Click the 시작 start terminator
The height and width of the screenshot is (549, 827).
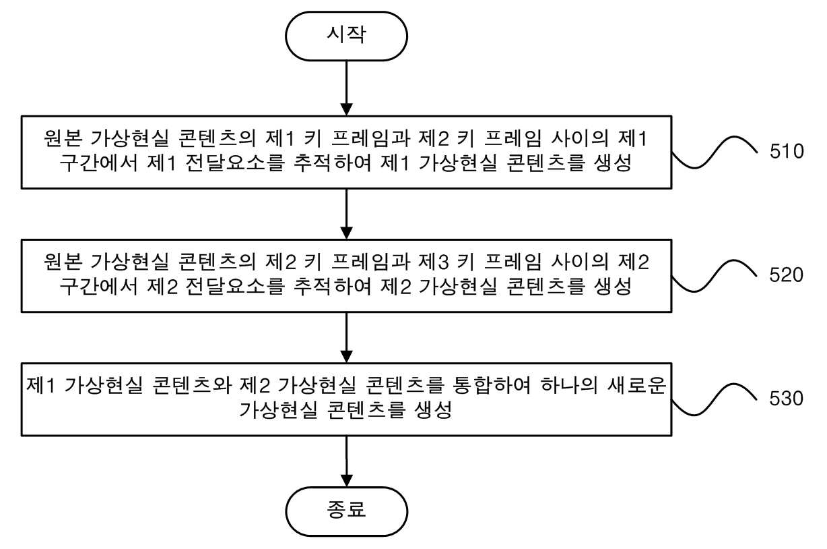(x=346, y=36)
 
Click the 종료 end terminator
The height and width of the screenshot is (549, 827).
(x=346, y=511)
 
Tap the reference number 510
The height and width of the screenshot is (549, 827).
(x=787, y=151)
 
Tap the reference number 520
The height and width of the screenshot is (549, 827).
(x=787, y=274)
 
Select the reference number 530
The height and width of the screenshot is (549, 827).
(x=787, y=398)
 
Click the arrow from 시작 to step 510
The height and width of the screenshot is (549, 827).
(x=346, y=88)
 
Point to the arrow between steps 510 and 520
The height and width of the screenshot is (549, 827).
(x=346, y=214)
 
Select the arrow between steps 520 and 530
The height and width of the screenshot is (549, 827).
(x=346, y=337)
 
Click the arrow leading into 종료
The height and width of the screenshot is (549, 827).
(x=346, y=461)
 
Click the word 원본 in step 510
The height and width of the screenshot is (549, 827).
(x=63, y=138)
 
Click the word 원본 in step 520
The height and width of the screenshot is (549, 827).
(x=63, y=262)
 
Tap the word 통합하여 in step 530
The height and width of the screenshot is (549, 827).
(x=492, y=385)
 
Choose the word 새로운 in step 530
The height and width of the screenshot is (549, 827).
(x=637, y=385)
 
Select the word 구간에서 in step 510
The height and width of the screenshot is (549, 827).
(x=98, y=163)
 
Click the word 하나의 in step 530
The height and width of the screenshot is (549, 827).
(x=569, y=385)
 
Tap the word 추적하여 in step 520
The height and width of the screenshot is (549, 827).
(x=332, y=287)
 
